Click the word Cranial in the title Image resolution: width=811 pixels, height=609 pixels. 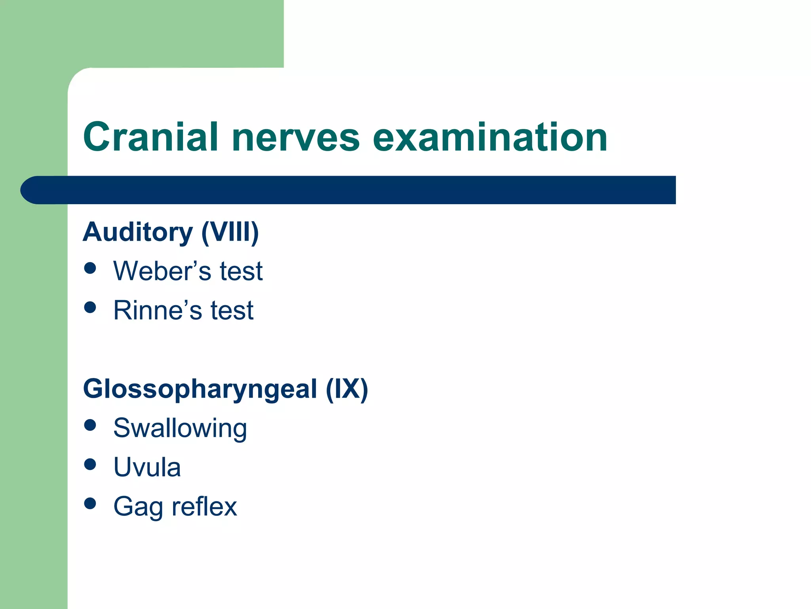pyautogui.click(x=150, y=137)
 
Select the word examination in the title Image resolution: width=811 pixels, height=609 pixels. pyautogui.click(x=490, y=137)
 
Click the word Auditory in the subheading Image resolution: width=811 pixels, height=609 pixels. pyautogui.click(x=137, y=232)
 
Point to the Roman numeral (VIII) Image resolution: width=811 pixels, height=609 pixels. pyautogui.click(x=230, y=232)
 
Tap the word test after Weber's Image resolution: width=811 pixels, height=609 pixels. pyautogui.click(x=241, y=271)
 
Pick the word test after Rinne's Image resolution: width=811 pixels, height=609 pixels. pyautogui.click(x=232, y=310)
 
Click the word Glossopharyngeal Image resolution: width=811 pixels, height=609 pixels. pyautogui.click(x=200, y=389)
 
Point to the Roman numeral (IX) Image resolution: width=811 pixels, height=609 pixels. pyautogui.click(x=347, y=389)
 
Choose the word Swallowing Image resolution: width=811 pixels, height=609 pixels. pyautogui.click(x=180, y=429)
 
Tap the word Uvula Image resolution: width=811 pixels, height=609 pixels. pyautogui.click(x=147, y=467)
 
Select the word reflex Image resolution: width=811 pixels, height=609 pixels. pyautogui.click(x=204, y=506)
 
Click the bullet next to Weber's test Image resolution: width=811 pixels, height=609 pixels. pyautogui.click(x=90, y=268)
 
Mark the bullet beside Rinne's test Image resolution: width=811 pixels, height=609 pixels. pyautogui.click(x=90, y=307)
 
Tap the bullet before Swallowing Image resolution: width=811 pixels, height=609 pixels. pyautogui.click(x=90, y=425)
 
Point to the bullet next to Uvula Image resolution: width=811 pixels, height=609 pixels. pyautogui.click(x=90, y=464)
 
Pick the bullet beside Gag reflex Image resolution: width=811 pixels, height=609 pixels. pyautogui.click(x=90, y=504)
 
